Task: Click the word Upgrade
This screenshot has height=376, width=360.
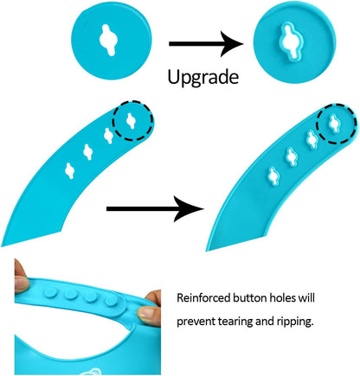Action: [203, 78]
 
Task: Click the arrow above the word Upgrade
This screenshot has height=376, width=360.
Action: [206, 44]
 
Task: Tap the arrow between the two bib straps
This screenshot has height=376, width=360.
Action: [155, 209]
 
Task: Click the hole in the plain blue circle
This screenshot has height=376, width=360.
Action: [108, 40]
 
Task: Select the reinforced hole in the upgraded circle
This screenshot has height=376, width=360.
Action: [290, 41]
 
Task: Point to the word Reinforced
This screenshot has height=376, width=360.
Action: [203, 297]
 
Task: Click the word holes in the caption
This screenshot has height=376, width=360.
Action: [282, 297]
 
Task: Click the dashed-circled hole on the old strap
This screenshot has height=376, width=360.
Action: [131, 121]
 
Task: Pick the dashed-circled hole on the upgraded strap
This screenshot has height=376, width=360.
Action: [335, 124]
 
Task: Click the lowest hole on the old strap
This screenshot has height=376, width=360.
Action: [70, 171]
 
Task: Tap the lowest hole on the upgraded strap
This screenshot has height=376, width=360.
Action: [273, 176]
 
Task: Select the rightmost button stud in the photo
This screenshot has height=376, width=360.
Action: [112, 301]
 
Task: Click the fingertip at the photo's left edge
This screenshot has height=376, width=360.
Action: [21, 284]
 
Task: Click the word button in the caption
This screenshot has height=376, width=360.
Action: [250, 297]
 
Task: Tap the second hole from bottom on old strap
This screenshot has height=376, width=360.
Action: [88, 152]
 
